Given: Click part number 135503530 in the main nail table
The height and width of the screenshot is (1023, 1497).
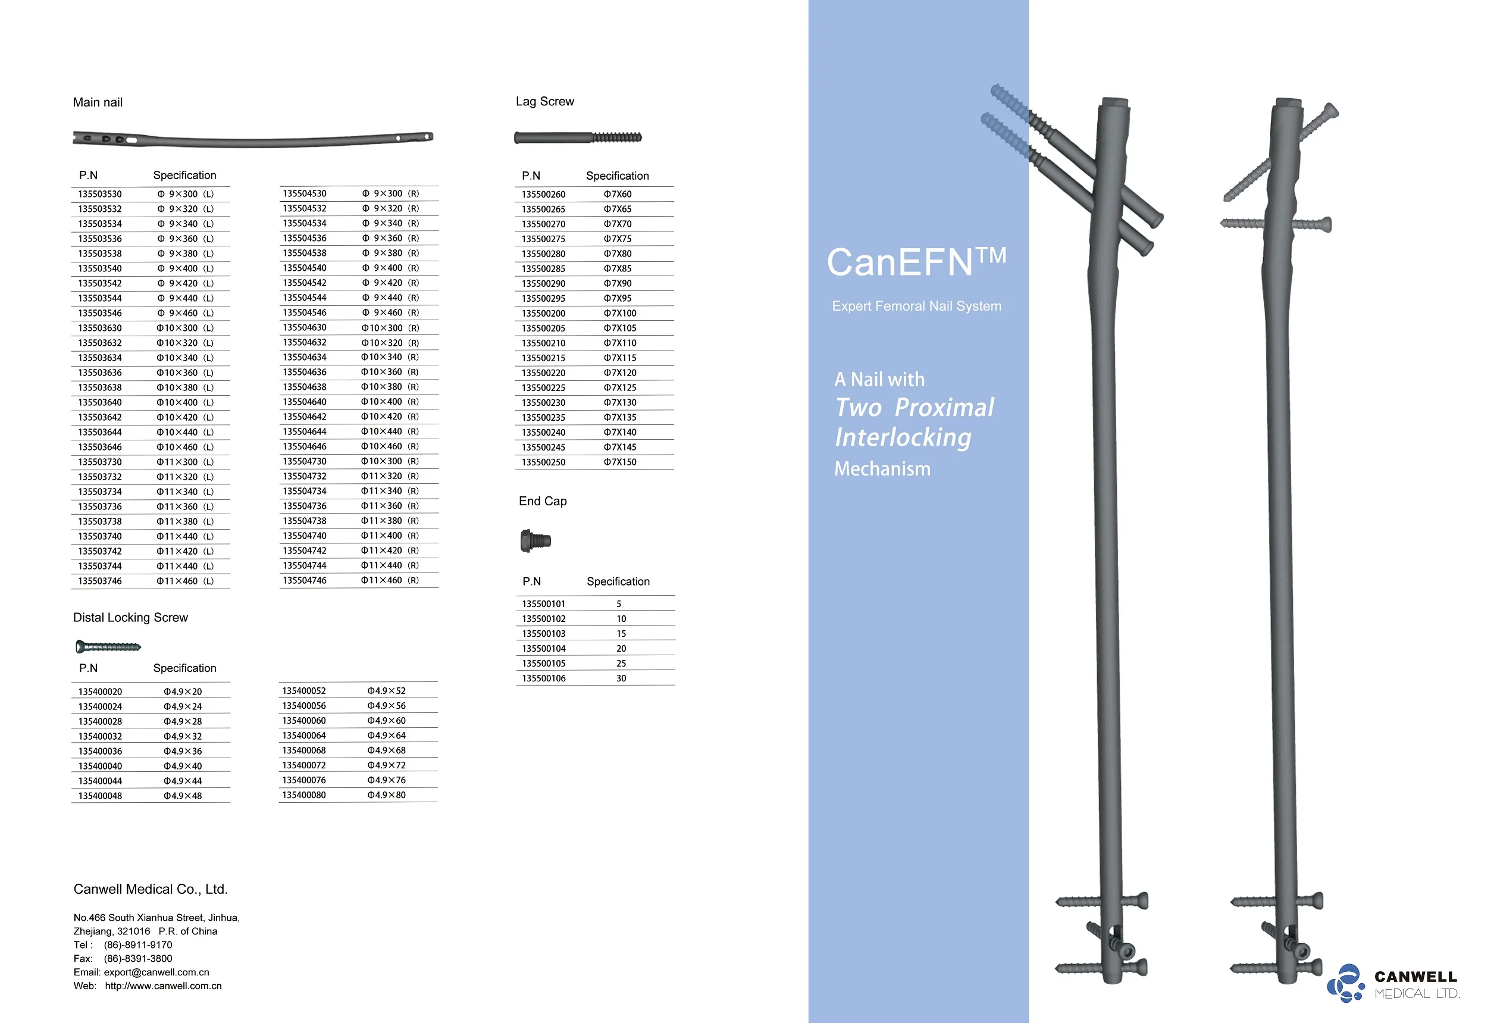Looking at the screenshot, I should (100, 194).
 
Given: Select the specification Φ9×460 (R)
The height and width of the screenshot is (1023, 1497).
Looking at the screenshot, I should (390, 312).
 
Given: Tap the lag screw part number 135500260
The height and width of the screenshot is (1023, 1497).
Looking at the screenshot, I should (543, 194).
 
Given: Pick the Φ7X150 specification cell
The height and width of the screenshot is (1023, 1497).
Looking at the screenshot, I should (619, 462).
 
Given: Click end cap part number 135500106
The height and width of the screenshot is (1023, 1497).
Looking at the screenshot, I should (544, 678).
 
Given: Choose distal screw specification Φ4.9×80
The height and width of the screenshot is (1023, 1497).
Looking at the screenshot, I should (387, 795).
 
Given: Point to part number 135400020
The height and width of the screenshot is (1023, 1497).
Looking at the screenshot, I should (100, 692).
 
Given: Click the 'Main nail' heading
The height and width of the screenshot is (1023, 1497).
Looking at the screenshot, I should (97, 102).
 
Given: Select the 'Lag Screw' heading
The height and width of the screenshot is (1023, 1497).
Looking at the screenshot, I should (544, 101).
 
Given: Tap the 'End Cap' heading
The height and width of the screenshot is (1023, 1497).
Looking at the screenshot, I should (543, 501).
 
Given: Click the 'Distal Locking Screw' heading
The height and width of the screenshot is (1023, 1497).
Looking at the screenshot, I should (130, 617).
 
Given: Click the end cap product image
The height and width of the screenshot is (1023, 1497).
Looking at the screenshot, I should (535, 540).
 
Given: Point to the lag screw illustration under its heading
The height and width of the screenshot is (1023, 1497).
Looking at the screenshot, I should (577, 137).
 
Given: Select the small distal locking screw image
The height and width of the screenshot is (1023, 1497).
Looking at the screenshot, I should (108, 646).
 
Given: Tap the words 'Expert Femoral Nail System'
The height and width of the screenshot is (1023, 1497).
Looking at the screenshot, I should (916, 306).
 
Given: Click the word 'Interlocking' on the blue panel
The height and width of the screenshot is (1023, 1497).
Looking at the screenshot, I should (903, 437).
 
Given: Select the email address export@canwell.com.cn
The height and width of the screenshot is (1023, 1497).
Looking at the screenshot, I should (156, 972).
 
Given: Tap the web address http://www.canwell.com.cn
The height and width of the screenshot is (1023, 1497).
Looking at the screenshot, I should (163, 986).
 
